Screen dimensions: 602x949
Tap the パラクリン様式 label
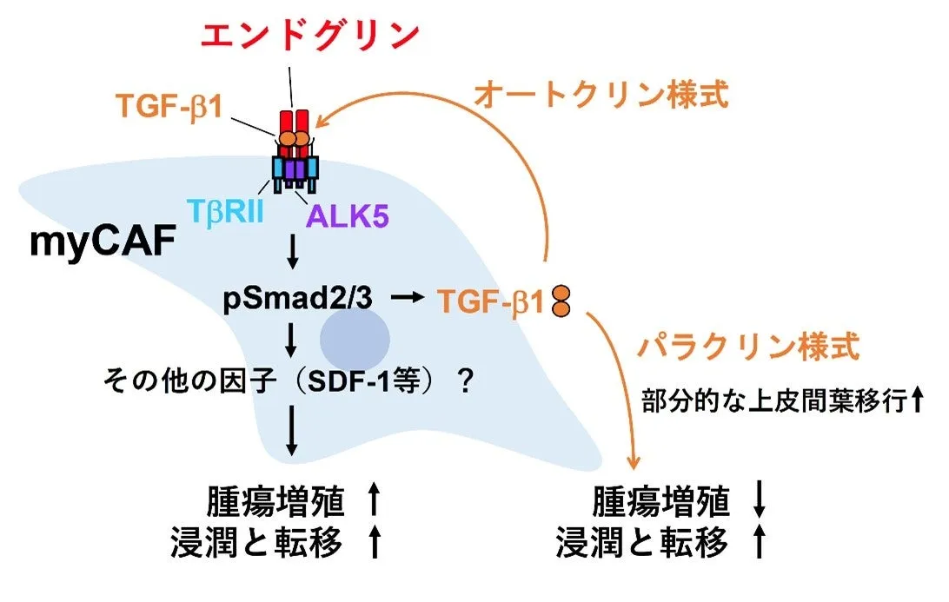tap(748, 347)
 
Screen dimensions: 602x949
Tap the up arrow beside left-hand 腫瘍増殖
tap(375, 502)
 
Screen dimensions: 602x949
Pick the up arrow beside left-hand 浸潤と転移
tap(375, 544)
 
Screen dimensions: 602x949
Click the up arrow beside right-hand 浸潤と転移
tap(759, 545)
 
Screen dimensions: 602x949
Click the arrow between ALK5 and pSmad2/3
tap(293, 252)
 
